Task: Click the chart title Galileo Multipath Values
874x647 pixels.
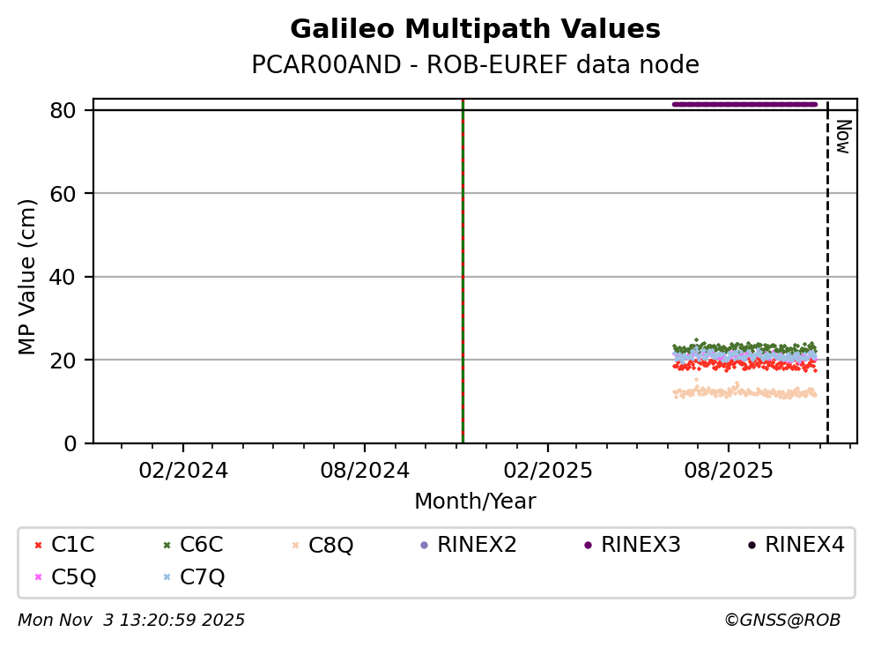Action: click(475, 29)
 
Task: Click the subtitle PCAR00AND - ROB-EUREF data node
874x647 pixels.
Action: click(475, 65)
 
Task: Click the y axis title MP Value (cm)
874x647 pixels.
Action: click(28, 277)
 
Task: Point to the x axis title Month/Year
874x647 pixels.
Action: click(475, 502)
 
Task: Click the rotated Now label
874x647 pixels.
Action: click(842, 137)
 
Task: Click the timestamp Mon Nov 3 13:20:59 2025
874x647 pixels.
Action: click(131, 621)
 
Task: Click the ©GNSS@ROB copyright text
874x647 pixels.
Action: click(782, 621)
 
